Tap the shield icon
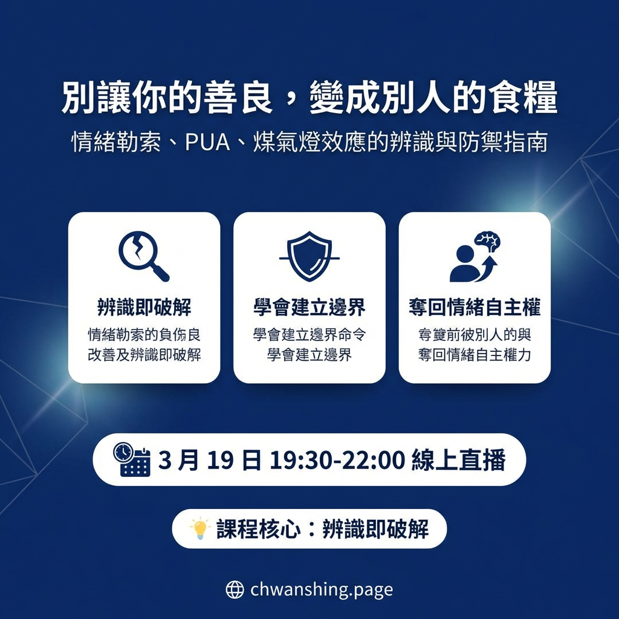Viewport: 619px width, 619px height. click(309, 256)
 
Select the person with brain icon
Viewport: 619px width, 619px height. click(475, 257)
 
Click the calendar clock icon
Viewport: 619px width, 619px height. click(131, 459)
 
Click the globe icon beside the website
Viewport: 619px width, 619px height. click(235, 589)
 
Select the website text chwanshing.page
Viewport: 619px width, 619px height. click(321, 589)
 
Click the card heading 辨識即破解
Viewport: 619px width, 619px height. click(143, 308)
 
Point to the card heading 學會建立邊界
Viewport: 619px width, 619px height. click(309, 308)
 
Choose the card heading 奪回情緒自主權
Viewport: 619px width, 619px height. click(475, 308)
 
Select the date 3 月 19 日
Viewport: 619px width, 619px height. click(210, 461)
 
